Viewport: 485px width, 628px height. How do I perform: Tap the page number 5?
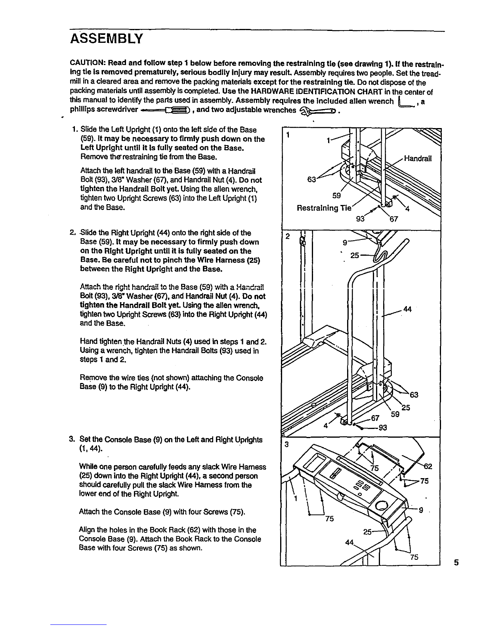[x=456, y=562]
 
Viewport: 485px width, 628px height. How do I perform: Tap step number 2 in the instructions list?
[x=73, y=233]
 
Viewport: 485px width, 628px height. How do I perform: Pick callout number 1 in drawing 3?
[x=295, y=499]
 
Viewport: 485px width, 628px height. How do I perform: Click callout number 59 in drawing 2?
[x=395, y=415]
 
